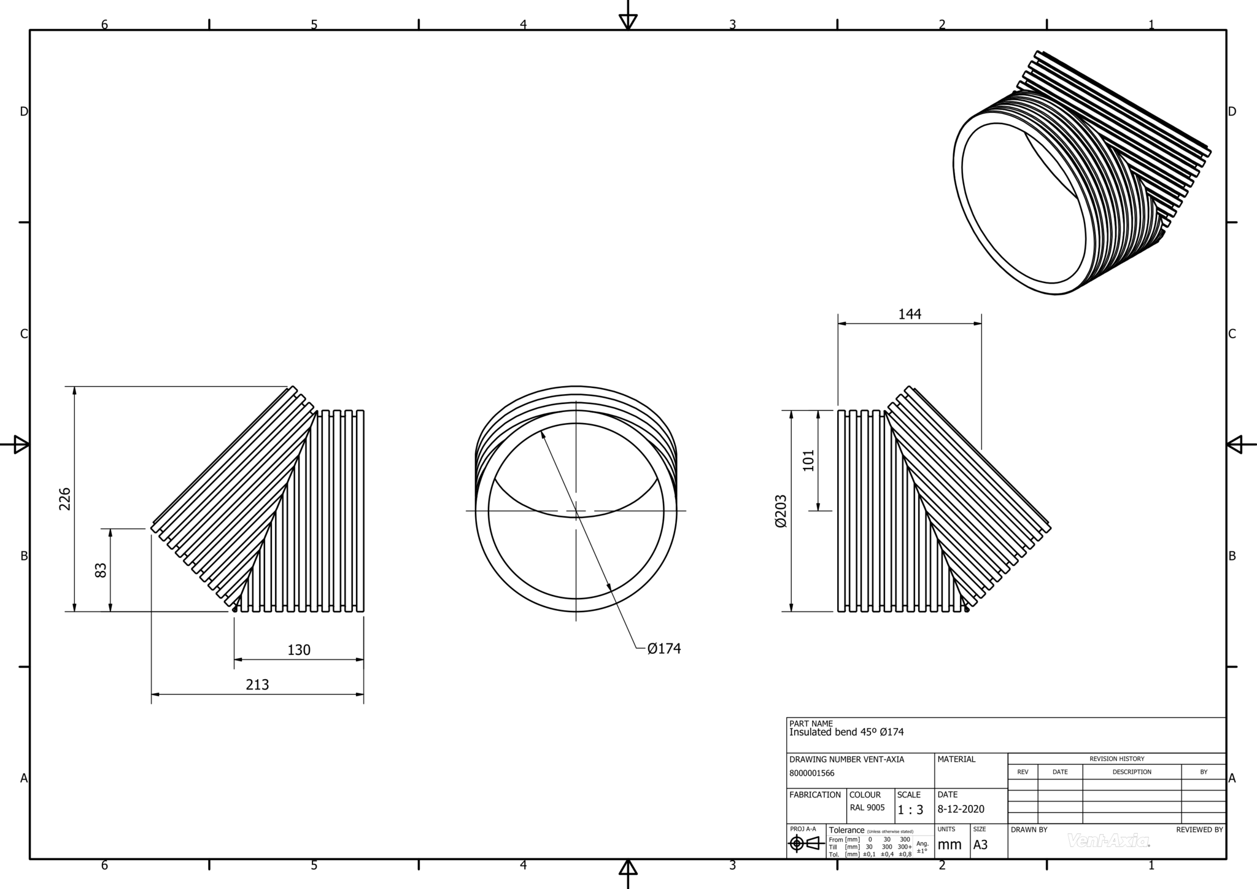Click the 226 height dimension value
[65, 499]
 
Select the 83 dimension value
[101, 570]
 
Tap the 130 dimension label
[299, 650]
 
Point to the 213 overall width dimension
[257, 685]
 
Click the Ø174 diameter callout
[664, 648]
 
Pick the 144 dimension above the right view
[910, 314]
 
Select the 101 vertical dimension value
[808, 460]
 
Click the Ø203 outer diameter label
[781, 511]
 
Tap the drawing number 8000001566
[811, 774]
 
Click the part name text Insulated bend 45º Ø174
[846, 732]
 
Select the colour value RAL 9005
[867, 808]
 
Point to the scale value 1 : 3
[910, 810]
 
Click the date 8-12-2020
[961, 809]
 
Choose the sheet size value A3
[980, 845]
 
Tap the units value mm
[950, 845]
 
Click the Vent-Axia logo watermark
[1108, 840]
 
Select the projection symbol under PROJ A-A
[806, 844]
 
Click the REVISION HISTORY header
[1116, 759]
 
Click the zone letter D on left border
[24, 112]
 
